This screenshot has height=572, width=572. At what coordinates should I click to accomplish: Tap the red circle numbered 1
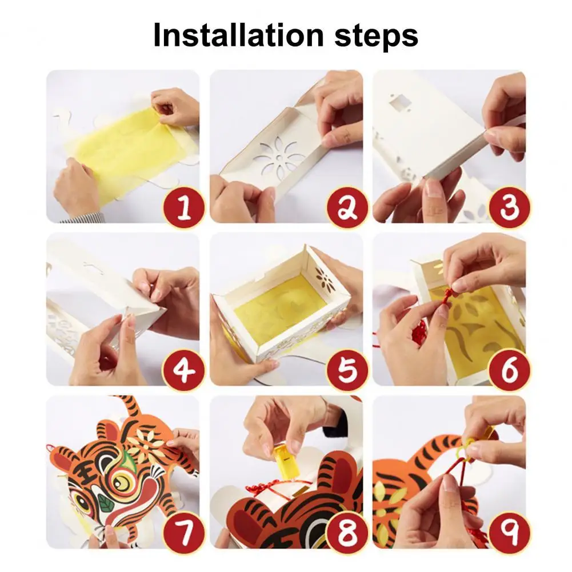(x=184, y=207)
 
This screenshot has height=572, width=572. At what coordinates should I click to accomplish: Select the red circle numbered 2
(x=347, y=207)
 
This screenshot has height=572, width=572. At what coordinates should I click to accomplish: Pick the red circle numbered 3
(x=510, y=207)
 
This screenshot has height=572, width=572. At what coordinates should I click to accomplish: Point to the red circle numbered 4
(x=184, y=369)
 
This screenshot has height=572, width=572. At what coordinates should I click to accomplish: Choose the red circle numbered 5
(x=347, y=369)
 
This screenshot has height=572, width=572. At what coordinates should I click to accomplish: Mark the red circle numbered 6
(x=510, y=369)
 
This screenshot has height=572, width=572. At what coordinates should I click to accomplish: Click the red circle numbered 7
(x=184, y=532)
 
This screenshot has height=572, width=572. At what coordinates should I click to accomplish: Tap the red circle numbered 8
(x=347, y=532)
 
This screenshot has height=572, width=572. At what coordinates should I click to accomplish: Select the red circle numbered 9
(x=510, y=532)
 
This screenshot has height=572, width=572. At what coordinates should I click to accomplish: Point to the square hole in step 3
(x=400, y=101)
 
